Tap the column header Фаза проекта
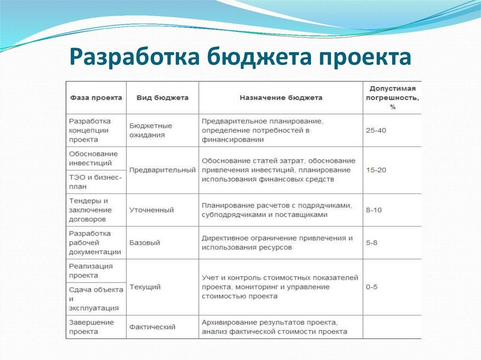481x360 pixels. point(96,98)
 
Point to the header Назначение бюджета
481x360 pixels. point(281,98)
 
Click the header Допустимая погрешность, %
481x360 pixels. point(392,98)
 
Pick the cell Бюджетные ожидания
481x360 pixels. point(150,130)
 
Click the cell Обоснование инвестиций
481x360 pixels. point(93,158)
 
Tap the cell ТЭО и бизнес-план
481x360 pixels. point(95,182)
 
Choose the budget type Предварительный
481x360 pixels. point(162,170)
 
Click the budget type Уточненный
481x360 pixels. point(151,210)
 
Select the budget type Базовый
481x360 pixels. point(145,243)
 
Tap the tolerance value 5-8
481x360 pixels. point(372,243)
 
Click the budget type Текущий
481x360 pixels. point(145,287)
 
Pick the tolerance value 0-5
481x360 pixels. point(372,287)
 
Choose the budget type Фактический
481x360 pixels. point(152,327)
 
